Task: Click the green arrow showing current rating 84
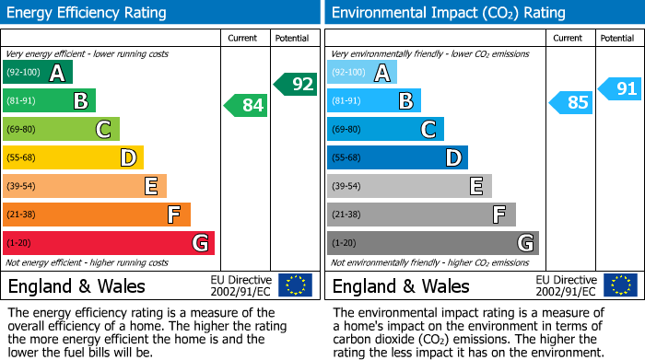245,105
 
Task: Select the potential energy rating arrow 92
295,84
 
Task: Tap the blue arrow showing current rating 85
570,102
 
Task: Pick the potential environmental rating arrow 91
620,89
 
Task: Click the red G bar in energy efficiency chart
109,243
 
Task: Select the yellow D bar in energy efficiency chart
73,157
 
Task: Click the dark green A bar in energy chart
38,73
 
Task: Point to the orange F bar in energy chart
97,215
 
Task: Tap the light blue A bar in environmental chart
362,73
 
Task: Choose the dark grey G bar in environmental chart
432,243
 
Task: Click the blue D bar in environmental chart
397,157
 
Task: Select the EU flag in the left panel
295,285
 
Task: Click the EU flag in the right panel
620,285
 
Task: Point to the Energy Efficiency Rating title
88,13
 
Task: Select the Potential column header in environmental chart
617,38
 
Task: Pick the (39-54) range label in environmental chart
346,187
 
